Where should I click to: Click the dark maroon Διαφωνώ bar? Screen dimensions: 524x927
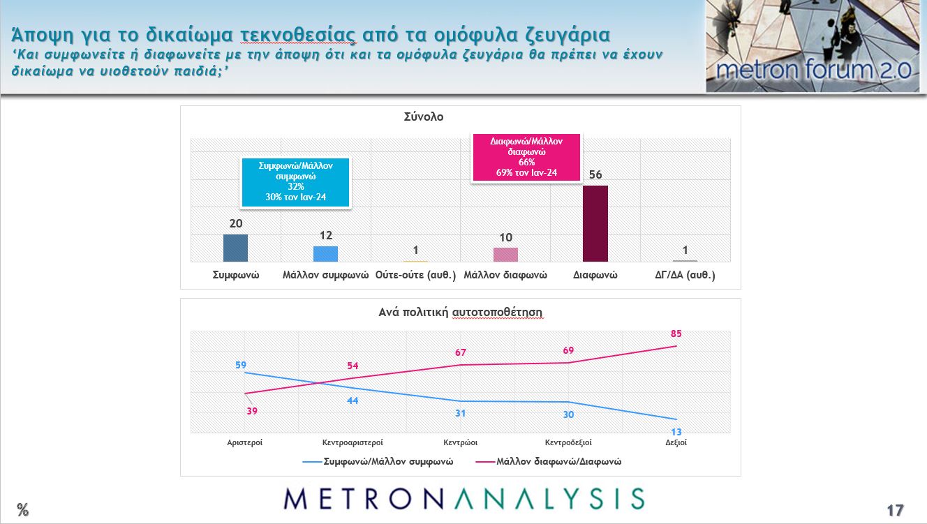595,223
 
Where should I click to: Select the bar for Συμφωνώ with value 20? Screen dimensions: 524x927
235,248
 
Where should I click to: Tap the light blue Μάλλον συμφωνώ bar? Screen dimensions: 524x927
325,254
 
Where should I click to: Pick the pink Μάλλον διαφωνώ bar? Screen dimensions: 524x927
505,255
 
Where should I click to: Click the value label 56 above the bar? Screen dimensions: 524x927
595,175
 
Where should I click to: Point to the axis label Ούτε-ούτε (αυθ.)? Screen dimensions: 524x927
415,276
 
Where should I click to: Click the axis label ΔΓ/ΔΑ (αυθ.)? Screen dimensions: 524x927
685,276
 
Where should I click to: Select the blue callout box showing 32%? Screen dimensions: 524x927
295,182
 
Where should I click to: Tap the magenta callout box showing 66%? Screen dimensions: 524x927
526,157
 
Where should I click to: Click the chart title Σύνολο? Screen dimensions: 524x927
424,117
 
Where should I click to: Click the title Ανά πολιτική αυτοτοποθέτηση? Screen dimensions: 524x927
461,312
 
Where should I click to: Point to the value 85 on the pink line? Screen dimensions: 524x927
676,334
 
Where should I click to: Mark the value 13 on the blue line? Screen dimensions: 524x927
676,432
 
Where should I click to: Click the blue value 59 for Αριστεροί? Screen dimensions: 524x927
241,364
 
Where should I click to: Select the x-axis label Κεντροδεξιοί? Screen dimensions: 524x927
568,442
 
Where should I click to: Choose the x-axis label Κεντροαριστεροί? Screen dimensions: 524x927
353,442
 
